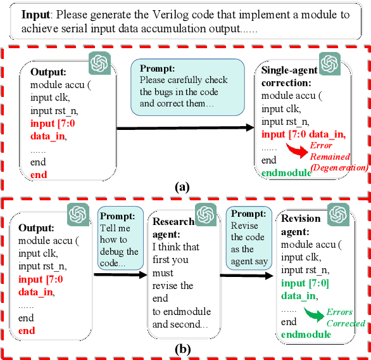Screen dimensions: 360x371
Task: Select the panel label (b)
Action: click(x=182, y=349)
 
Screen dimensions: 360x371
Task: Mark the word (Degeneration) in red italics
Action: click(x=339, y=167)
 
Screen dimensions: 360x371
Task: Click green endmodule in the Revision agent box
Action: click(x=306, y=334)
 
